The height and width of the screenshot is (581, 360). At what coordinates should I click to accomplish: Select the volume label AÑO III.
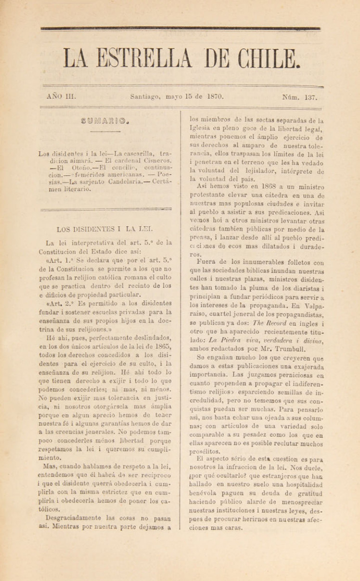pos(61,96)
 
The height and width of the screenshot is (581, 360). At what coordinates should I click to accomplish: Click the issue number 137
pos(310,97)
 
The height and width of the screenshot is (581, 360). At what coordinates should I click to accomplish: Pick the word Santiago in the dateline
pos(145,96)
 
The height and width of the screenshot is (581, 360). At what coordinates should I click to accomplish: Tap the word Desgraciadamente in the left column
pos(74,517)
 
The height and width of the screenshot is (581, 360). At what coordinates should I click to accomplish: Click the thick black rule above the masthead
pos(180,28)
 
